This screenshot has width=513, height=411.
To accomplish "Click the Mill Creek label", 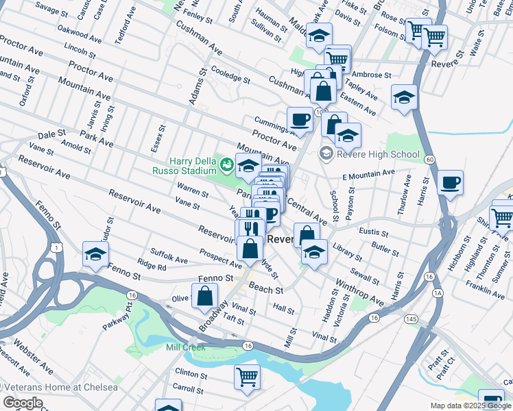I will point(186,347).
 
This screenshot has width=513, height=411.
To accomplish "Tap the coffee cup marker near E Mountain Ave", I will point(450,183).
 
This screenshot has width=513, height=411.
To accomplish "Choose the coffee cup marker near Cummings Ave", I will point(300,120).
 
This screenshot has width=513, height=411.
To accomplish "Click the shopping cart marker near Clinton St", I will point(247,375).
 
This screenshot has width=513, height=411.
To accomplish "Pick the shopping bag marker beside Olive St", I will point(204,297).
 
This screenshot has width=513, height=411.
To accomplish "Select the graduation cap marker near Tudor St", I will point(95,254).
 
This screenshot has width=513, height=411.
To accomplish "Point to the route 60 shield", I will point(429,160).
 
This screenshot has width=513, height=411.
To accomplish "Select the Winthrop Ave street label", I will point(359,291).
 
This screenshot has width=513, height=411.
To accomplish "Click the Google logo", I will point(23,402).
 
